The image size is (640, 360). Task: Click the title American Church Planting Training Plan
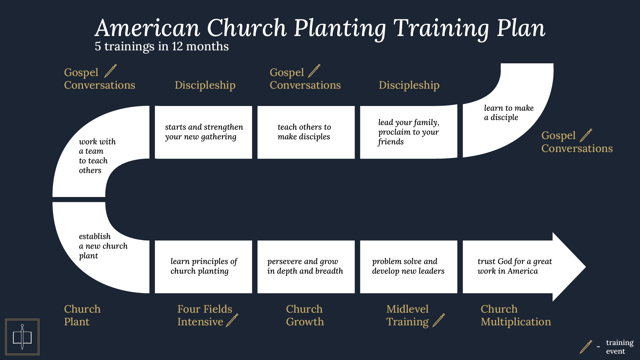pos(320,28)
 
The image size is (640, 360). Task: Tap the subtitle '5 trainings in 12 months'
pos(162,46)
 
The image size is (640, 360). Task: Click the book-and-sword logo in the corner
pos(22,337)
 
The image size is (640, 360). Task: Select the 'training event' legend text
pos(619,347)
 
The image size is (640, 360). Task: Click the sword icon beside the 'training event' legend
pos(586,347)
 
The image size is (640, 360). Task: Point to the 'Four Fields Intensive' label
pos(204,315)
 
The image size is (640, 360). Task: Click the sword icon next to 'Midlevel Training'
pos(439,320)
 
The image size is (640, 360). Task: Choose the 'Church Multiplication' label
pos(515,315)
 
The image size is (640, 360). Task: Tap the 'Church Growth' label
pos(305,315)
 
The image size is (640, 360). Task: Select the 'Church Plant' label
pos(82,315)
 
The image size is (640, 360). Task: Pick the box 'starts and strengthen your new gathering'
pos(203,132)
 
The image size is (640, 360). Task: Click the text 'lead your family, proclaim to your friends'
pos(409,132)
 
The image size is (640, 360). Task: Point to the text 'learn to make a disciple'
pos(509,113)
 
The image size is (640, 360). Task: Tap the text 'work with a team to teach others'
pos(97,156)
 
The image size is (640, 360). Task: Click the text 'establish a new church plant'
pos(103,246)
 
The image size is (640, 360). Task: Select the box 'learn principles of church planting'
pos(203,266)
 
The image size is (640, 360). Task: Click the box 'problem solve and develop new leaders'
pos(409,266)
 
